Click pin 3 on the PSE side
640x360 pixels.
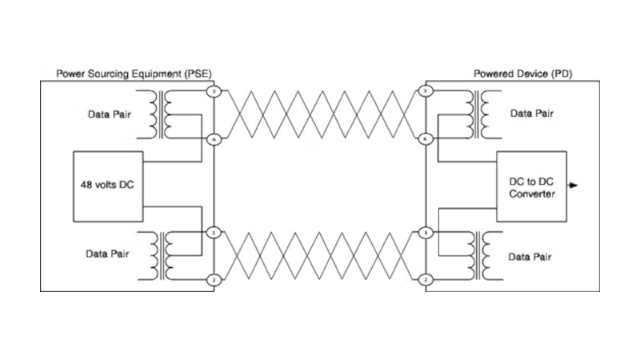[213, 93]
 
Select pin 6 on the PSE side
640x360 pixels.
[213, 139]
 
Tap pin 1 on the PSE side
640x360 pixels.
[213, 233]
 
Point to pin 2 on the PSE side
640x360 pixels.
[213, 279]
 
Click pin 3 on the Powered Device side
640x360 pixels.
[426, 93]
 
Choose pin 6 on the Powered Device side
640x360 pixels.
[426, 139]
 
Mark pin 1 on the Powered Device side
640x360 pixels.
[426, 233]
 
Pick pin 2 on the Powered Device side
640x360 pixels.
[426, 279]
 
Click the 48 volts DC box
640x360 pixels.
[107, 186]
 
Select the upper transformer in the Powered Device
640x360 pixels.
[472, 113]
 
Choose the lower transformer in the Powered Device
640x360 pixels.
[472, 254]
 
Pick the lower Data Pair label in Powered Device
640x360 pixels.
[530, 257]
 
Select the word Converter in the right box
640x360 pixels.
[531, 194]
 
